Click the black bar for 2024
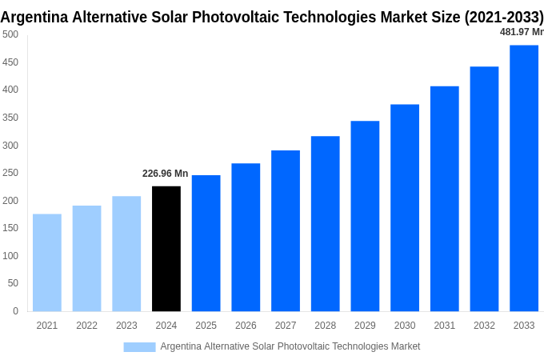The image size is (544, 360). pyautogui.click(x=166, y=249)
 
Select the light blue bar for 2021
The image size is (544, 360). pyautogui.click(x=47, y=262)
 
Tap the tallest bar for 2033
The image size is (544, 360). pyautogui.click(x=524, y=178)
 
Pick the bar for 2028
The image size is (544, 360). pyautogui.click(x=325, y=224)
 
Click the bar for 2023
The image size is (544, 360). pyautogui.click(x=126, y=254)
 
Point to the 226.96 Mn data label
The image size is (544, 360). pyautogui.click(x=166, y=174)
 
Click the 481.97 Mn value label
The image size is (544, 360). pyautogui.click(x=521, y=32)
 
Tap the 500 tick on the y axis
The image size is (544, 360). pyautogui.click(x=10, y=34)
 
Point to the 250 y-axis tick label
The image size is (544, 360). pyautogui.click(x=10, y=173)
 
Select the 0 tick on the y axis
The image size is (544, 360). pyautogui.click(x=15, y=311)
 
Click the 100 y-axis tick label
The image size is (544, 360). pyautogui.click(x=10, y=256)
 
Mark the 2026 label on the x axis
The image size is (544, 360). pyautogui.click(x=246, y=326)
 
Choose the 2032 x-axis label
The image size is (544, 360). pyautogui.click(x=484, y=326)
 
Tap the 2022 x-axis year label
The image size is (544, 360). pyautogui.click(x=86, y=326)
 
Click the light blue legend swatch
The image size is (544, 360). pyautogui.click(x=139, y=346)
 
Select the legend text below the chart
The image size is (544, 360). pyautogui.click(x=290, y=346)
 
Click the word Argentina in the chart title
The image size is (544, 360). pyautogui.click(x=35, y=17)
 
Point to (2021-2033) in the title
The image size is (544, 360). pyautogui.click(x=503, y=17)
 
